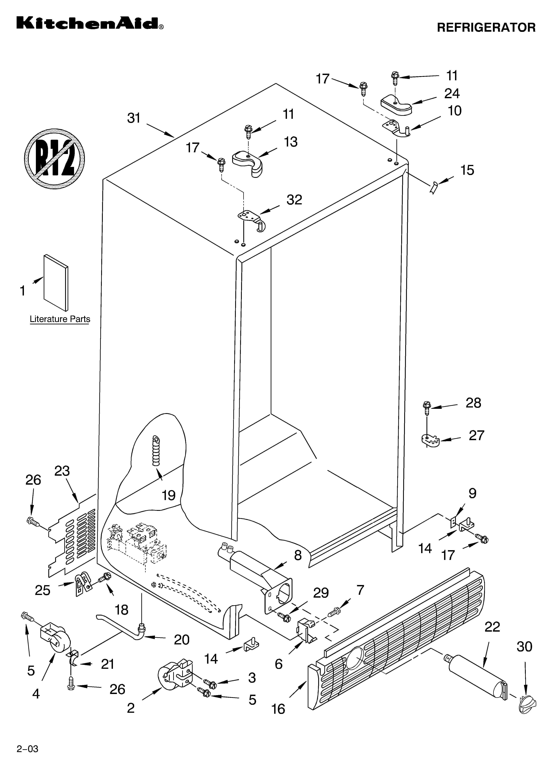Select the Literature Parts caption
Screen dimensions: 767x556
[60, 319]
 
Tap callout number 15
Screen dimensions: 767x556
[467, 170]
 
